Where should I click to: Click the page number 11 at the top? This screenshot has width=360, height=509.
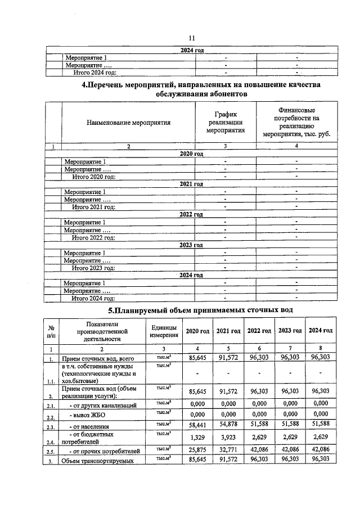[191, 38]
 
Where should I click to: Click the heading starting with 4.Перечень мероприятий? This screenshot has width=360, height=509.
[202, 89]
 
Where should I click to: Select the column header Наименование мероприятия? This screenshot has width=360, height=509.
[128, 122]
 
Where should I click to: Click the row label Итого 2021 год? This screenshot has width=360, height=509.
[93, 207]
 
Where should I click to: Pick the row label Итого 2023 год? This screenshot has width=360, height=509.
[93, 268]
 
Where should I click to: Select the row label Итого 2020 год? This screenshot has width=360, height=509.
[93, 177]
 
